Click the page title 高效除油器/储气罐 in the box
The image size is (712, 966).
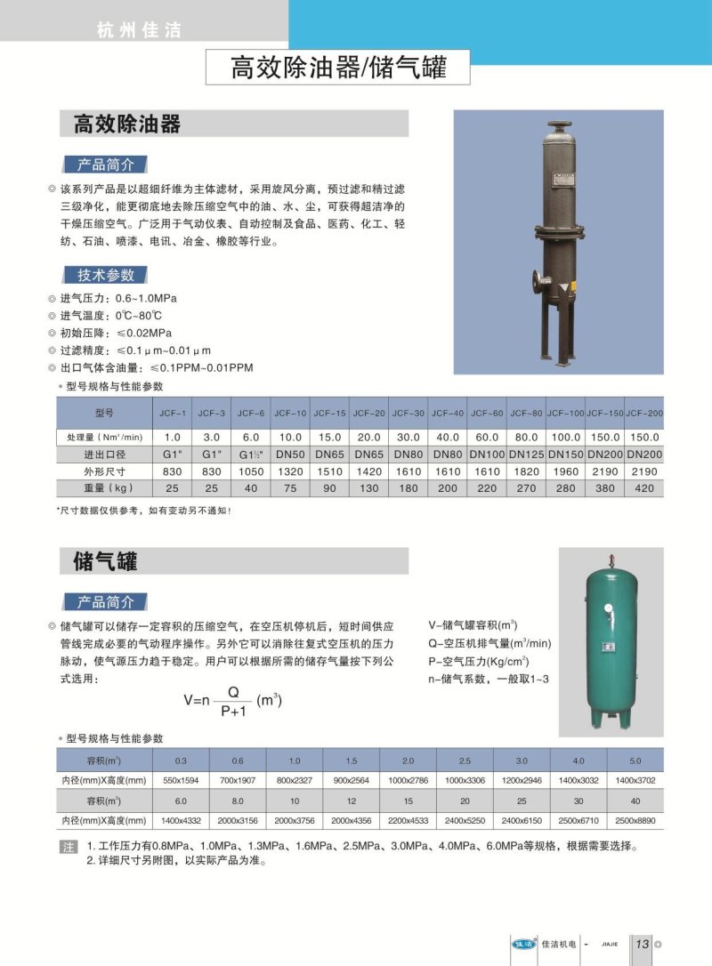337,68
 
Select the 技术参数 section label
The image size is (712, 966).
105,275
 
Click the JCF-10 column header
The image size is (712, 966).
290,414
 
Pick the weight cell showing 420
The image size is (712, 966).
644,488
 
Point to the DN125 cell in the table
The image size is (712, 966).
526,455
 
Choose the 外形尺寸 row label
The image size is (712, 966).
105,471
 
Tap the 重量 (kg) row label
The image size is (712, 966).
105,488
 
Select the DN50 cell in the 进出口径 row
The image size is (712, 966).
290,455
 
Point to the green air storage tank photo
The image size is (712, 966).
611,640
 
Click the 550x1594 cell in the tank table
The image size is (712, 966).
181,779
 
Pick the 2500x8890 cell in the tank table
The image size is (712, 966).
635,820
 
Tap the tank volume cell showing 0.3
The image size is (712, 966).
181,761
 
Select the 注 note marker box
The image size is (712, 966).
69,847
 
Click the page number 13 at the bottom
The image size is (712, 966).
642,945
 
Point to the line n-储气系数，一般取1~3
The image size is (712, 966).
489,680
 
